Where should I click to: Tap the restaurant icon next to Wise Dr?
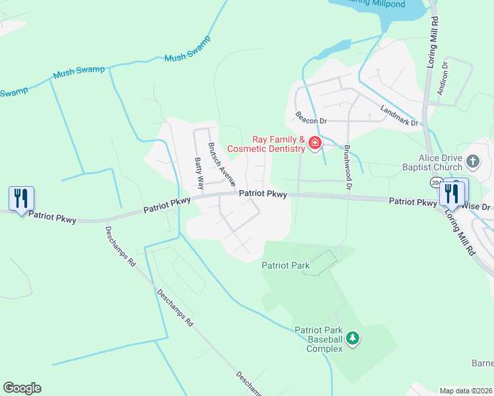(452, 193)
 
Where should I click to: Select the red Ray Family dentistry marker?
(315, 143)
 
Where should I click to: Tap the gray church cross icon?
(472, 161)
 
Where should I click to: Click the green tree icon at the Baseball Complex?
(353, 339)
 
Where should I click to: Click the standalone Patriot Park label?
(285, 265)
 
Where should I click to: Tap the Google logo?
(22, 387)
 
